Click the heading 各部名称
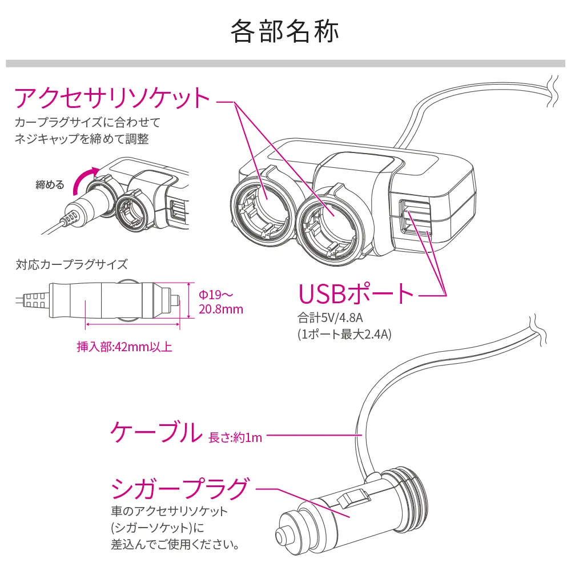click(x=285, y=31)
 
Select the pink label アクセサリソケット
click(x=112, y=98)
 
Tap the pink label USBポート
click(x=356, y=294)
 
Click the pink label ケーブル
click(x=156, y=432)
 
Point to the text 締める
click(x=50, y=184)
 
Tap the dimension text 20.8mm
click(x=220, y=309)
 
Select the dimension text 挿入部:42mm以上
click(x=124, y=347)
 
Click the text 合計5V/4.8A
click(x=330, y=317)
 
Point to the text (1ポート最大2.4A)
click(x=344, y=334)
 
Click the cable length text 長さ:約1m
click(x=235, y=437)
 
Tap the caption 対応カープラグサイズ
click(x=71, y=264)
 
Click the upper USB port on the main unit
click(x=415, y=209)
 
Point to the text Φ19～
click(x=216, y=294)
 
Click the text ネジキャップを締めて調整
click(x=82, y=139)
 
